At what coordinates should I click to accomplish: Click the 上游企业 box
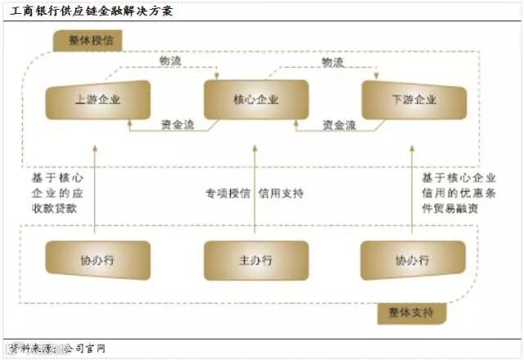tap(97, 100)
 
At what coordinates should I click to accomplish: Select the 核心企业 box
tap(255, 100)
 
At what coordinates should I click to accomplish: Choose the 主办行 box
tap(255, 261)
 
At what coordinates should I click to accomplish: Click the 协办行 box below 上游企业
tap(97, 261)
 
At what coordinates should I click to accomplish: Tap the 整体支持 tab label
tap(405, 313)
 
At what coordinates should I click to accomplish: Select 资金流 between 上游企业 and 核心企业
tap(177, 125)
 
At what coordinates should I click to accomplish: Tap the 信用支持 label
tap(282, 194)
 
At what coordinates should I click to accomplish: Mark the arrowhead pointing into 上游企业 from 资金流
tap(131, 119)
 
